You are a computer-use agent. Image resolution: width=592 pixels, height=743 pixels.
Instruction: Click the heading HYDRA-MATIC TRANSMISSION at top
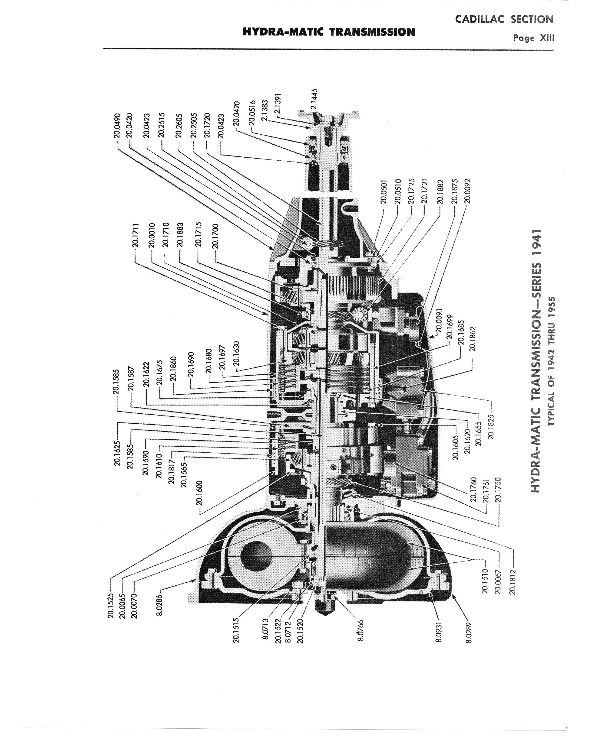329,32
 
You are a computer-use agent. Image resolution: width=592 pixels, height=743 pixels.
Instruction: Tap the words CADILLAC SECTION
504,19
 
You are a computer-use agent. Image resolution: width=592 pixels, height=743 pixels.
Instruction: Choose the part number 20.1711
136,235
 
